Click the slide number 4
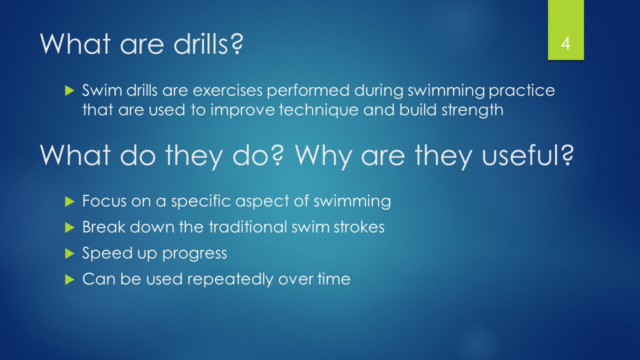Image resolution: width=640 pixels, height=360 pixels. [x=565, y=43]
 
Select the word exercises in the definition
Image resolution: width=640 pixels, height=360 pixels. [x=227, y=90]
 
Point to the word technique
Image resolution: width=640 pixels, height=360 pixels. [x=318, y=110]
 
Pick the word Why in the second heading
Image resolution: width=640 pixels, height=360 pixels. [x=323, y=156]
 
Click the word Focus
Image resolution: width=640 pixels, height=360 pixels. [x=104, y=201]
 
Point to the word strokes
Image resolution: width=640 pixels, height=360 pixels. [x=359, y=227]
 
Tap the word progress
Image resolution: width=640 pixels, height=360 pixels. [x=194, y=254]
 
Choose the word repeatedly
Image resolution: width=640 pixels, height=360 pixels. [x=230, y=279]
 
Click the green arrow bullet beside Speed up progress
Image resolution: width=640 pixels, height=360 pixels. [x=69, y=253]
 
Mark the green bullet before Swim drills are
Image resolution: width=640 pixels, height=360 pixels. [x=69, y=90]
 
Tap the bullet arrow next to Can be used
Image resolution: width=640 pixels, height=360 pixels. [x=69, y=279]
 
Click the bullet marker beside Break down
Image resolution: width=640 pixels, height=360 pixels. [x=69, y=227]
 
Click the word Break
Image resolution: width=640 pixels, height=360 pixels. [x=104, y=227]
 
